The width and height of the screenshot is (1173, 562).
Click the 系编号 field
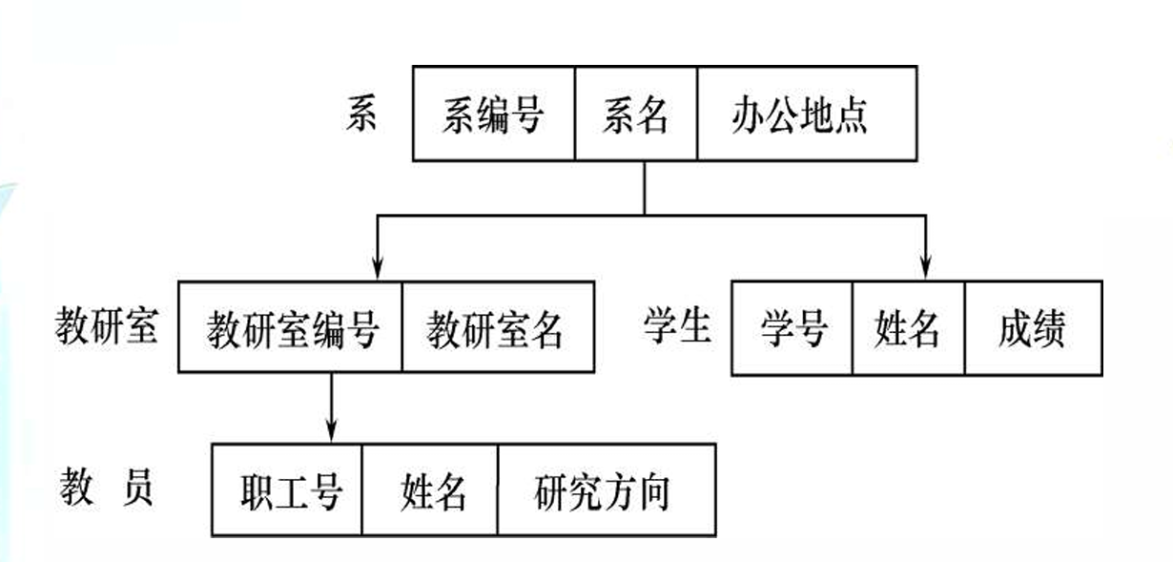pyautogui.click(x=493, y=114)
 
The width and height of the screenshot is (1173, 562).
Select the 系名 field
pyautogui.click(x=635, y=114)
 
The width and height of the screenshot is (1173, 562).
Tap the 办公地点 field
pyautogui.click(x=806, y=114)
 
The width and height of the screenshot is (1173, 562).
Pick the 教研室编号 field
pyautogui.click(x=291, y=327)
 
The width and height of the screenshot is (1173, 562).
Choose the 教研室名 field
pyautogui.click(x=497, y=327)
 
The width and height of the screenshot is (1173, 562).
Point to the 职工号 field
pyautogui.click(x=287, y=489)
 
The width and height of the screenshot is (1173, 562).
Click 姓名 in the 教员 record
pyautogui.click(x=430, y=489)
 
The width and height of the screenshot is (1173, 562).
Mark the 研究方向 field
pyautogui.click(x=605, y=489)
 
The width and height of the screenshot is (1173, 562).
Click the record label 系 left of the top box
pyautogui.click(x=361, y=114)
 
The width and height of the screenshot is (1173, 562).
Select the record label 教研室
pyautogui.click(x=105, y=326)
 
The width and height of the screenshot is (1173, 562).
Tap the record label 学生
pyautogui.click(x=676, y=326)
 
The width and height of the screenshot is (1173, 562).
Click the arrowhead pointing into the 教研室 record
pyautogui.click(x=378, y=271)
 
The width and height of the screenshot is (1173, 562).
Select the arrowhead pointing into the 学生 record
pyautogui.click(x=925, y=271)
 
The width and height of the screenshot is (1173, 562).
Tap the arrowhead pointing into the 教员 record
pyautogui.click(x=331, y=433)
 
